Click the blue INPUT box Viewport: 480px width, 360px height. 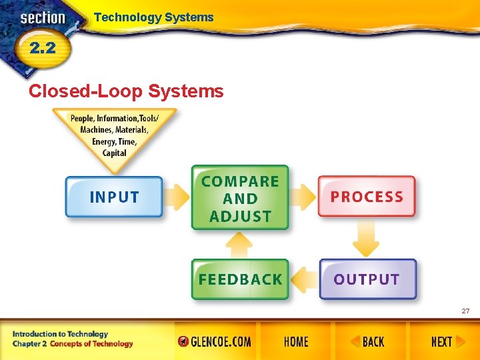pos(114,197)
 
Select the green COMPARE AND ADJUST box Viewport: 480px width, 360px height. pos(240,198)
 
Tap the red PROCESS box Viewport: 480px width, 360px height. pos(367,197)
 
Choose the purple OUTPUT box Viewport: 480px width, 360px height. pos(367,279)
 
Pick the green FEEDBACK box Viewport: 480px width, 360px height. pos(240,279)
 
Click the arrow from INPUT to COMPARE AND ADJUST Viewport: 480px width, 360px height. pos(177,197)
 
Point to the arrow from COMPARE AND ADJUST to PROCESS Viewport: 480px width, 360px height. pos(303,197)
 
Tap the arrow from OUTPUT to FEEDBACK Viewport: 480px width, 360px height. pos(304,279)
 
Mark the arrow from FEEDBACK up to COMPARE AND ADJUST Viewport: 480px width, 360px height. pos(239,244)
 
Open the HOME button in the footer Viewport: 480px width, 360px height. pos(296,342)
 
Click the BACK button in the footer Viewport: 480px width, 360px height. pos(368,342)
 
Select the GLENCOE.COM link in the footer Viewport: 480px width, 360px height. pos(215,342)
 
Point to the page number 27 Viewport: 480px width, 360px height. pos(465,311)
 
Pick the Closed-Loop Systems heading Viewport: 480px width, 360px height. pos(126,91)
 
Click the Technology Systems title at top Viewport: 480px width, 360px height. pos(154,17)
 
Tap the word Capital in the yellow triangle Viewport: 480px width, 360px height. pos(115,153)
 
